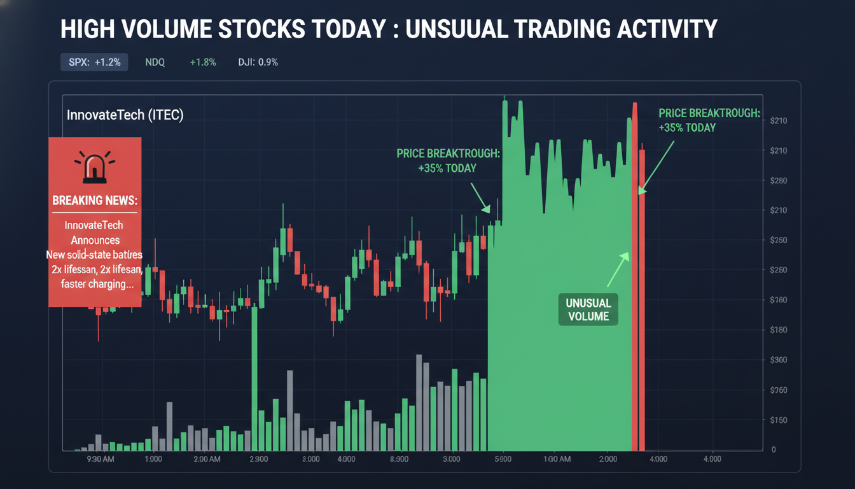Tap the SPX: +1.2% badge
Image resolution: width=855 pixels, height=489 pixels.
(x=95, y=62)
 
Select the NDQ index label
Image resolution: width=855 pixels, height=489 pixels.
(x=155, y=62)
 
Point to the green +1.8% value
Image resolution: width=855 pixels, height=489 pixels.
(x=203, y=62)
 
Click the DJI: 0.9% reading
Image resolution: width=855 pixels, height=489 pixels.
(x=258, y=62)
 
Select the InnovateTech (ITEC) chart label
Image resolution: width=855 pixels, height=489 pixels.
(x=125, y=116)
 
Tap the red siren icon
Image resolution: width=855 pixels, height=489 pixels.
(x=95, y=165)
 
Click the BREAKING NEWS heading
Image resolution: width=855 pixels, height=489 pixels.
(x=95, y=200)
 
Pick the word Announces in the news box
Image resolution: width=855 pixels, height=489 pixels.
(x=95, y=240)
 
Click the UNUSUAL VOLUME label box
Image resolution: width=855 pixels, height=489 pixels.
(x=588, y=309)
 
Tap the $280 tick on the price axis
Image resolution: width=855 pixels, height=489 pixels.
(x=779, y=180)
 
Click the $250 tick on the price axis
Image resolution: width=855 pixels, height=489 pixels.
(x=779, y=240)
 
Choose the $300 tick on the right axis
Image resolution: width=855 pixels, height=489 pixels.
(x=779, y=360)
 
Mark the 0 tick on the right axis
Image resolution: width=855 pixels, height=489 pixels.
(x=774, y=450)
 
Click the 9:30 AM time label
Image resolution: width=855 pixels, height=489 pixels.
(x=99, y=459)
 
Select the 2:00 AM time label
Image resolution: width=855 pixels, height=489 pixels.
(x=207, y=459)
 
